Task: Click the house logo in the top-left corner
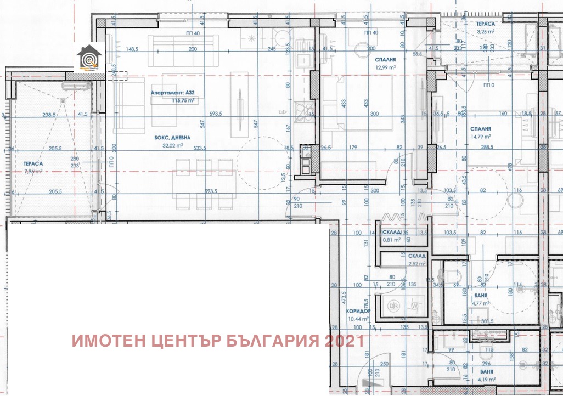(x=89, y=58)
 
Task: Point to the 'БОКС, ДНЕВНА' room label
(x=172, y=138)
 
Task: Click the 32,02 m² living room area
(x=173, y=146)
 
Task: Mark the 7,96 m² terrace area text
(x=33, y=171)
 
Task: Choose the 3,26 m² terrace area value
(x=486, y=32)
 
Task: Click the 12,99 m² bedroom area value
(x=370, y=67)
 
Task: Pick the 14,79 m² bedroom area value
(x=480, y=137)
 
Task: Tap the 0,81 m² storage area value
(x=391, y=240)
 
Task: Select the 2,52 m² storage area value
(x=419, y=264)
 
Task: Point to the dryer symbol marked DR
(x=393, y=305)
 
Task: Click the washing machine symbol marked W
(x=414, y=305)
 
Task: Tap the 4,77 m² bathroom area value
(x=481, y=302)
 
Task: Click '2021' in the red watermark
(x=344, y=341)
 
